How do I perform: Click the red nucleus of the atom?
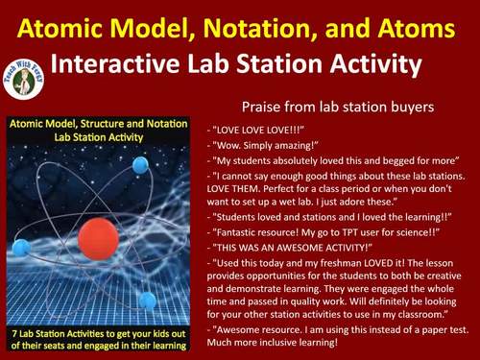coord(97,238)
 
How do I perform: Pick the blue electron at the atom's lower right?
coord(147,300)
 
